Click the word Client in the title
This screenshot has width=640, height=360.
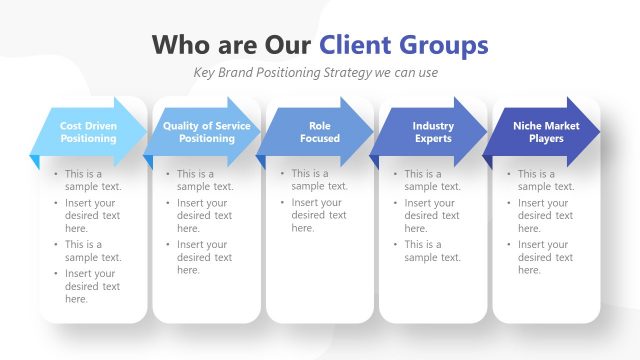coord(355,45)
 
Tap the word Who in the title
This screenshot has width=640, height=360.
coord(184,45)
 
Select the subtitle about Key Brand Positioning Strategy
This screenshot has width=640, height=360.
coord(316,73)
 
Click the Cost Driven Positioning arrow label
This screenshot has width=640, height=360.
coord(87,132)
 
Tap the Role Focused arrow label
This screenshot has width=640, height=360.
coord(319,132)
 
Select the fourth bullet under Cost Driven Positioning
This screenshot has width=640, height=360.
coord(92,286)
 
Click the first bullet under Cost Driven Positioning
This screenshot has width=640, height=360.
coord(93,180)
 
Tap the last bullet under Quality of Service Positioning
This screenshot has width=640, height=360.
coord(205,257)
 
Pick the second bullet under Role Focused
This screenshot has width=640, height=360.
coord(319,215)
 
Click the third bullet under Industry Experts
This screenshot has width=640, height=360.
coord(432,251)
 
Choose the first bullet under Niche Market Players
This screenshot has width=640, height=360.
coord(546,180)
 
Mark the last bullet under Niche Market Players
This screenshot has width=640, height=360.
coord(545,257)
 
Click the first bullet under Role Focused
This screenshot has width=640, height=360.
coord(319,180)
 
